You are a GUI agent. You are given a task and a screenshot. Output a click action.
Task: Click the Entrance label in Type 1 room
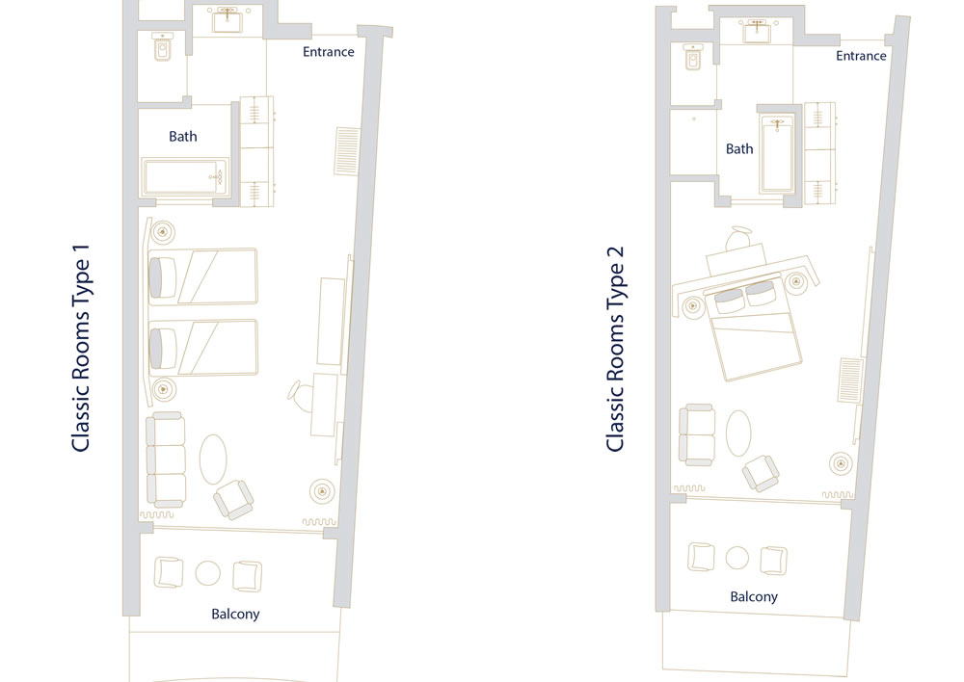tap(329, 52)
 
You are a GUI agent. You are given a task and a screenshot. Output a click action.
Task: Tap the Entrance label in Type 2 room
tap(861, 56)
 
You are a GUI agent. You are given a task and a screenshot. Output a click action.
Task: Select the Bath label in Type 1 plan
tap(183, 137)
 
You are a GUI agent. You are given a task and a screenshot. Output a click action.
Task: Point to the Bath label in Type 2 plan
tap(739, 148)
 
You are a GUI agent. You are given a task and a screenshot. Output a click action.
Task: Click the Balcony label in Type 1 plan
tap(235, 614)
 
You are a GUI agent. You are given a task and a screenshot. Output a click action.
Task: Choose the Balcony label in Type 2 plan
tap(754, 596)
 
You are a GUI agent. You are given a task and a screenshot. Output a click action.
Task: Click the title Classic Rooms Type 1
tap(81, 348)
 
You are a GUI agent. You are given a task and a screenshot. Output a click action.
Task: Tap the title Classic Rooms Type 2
tap(615, 349)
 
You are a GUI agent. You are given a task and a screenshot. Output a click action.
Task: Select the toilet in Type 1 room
tap(162, 46)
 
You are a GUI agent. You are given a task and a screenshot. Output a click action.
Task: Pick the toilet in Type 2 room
tap(693, 57)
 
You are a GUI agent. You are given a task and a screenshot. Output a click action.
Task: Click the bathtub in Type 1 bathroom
tap(184, 177)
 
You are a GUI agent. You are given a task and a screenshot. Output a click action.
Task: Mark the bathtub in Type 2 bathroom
tap(777, 153)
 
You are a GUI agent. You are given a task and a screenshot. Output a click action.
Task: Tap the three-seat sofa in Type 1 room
tap(166, 459)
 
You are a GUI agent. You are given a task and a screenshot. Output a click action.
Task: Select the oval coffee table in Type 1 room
tap(213, 459)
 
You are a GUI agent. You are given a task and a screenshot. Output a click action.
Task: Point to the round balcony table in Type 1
tap(208, 573)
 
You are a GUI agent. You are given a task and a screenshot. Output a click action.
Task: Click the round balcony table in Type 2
tap(737, 558)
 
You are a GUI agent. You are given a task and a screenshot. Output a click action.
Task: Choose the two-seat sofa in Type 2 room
tap(697, 435)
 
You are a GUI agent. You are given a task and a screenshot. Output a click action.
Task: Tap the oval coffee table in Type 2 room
tap(738, 433)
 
